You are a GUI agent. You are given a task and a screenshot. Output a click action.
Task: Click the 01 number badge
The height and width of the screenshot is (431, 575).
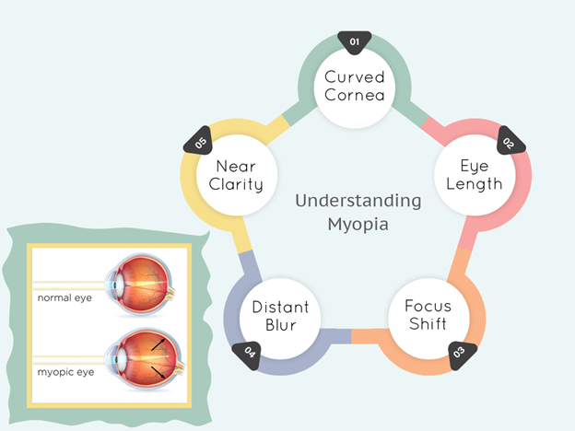coord(355,41)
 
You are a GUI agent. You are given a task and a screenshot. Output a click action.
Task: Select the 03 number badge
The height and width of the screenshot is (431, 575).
coord(457,351)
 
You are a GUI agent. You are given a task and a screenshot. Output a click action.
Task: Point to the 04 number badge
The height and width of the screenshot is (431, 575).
coord(249,350)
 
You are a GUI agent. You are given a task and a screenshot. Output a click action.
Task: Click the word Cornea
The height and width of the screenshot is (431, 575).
coord(355,95)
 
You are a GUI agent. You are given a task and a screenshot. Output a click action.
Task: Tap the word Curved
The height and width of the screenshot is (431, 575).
coord(355,76)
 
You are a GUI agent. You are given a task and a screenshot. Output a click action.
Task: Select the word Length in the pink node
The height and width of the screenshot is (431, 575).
coord(481,183)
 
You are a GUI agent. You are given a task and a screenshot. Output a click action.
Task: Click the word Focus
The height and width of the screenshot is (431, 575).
coord(428,308)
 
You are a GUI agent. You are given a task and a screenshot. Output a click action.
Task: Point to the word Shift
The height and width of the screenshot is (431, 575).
coord(428,325)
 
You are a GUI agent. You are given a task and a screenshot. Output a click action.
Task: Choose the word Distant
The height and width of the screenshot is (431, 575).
coord(280,308)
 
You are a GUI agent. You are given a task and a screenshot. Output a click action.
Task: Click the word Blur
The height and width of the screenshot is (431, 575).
coord(280,326)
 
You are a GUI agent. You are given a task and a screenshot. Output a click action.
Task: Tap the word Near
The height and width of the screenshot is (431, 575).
coord(237,166)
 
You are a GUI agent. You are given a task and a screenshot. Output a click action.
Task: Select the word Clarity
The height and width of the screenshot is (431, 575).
coord(237,184)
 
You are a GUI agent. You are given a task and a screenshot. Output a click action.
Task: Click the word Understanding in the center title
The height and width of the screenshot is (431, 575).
coord(358,201)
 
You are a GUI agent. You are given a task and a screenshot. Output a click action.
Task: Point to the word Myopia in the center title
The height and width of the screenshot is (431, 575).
coord(358,224)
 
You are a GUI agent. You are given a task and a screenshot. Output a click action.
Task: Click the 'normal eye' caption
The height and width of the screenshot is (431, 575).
coord(64,298)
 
